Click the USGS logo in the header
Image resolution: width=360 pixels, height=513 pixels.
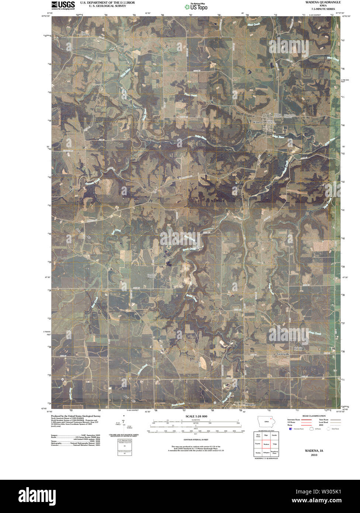(63, 5)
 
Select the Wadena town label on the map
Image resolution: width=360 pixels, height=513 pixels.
(257, 122)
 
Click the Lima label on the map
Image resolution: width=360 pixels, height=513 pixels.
(65, 37)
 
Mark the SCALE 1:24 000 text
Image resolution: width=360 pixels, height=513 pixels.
(196, 416)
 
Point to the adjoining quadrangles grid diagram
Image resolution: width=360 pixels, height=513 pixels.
(266, 445)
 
